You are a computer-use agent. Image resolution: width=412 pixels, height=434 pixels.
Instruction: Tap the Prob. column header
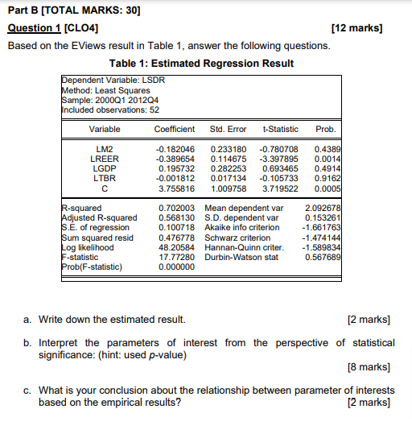(x=326, y=129)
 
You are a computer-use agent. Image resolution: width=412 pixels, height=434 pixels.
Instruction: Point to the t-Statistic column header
(x=280, y=129)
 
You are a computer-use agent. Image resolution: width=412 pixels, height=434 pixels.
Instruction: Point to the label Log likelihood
(x=88, y=248)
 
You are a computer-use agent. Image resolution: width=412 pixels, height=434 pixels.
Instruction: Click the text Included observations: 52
(x=110, y=110)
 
